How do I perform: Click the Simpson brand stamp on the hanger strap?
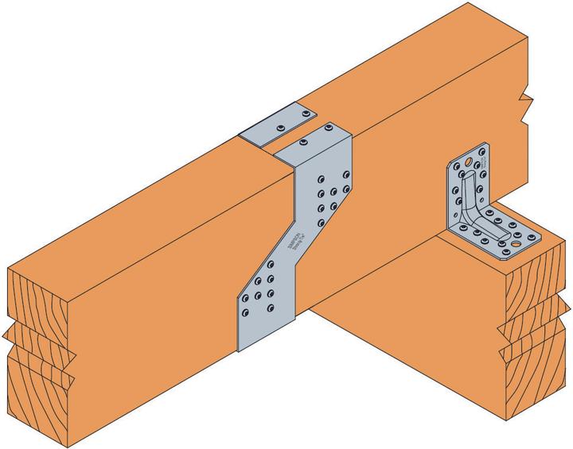point(296,239)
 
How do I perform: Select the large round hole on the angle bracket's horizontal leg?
point(515,246)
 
